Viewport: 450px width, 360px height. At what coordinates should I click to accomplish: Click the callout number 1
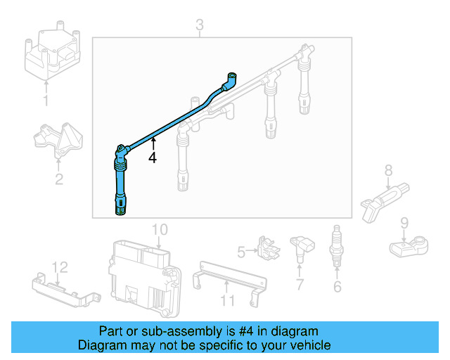point(46,101)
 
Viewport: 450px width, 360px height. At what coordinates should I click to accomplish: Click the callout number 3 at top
point(200,26)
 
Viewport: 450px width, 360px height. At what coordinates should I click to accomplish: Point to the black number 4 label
point(152,159)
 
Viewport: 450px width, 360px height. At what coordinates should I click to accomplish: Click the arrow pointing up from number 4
point(152,145)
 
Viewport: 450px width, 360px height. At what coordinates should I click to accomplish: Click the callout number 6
point(337,286)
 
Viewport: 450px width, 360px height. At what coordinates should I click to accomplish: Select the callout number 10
point(160,229)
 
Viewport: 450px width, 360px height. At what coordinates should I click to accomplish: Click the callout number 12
point(60,266)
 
